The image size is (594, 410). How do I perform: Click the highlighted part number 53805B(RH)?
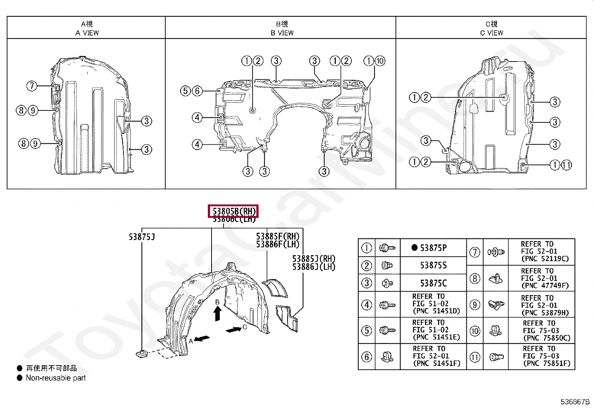(233, 212)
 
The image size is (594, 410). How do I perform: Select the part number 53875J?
(142, 237)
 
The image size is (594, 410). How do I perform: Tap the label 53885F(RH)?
(278, 237)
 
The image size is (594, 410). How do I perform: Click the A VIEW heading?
(87, 33)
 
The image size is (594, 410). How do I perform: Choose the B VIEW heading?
(282, 33)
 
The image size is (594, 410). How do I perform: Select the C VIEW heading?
(491, 33)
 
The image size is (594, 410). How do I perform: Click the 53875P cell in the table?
(433, 248)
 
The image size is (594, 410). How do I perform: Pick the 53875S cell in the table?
(433, 265)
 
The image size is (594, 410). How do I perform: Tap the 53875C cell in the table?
(433, 283)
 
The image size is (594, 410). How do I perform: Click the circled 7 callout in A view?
(32, 86)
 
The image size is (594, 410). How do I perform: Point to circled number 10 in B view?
(380, 61)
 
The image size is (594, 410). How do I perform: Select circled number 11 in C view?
(566, 165)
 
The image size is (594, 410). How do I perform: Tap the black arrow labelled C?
(234, 330)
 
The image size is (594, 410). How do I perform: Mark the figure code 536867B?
(575, 402)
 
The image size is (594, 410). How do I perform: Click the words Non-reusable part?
(56, 378)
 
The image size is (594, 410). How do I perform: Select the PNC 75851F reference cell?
(547, 356)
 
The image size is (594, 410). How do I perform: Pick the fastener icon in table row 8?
(495, 279)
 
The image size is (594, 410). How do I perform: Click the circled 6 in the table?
(367, 357)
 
